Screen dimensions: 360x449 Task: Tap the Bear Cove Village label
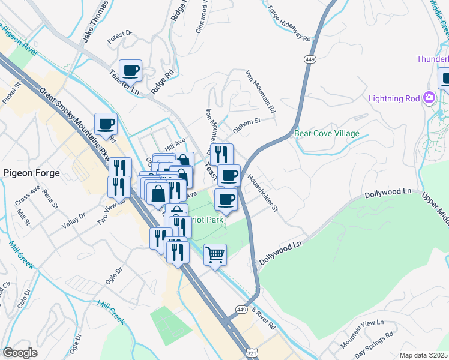pos(327,133)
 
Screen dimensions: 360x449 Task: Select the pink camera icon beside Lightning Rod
pos(429,98)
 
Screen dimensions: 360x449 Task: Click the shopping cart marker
pos(215,256)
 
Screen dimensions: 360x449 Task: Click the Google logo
pos(20,353)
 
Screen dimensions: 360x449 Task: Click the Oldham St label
pos(246,125)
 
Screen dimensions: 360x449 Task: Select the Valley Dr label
pos(73,221)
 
